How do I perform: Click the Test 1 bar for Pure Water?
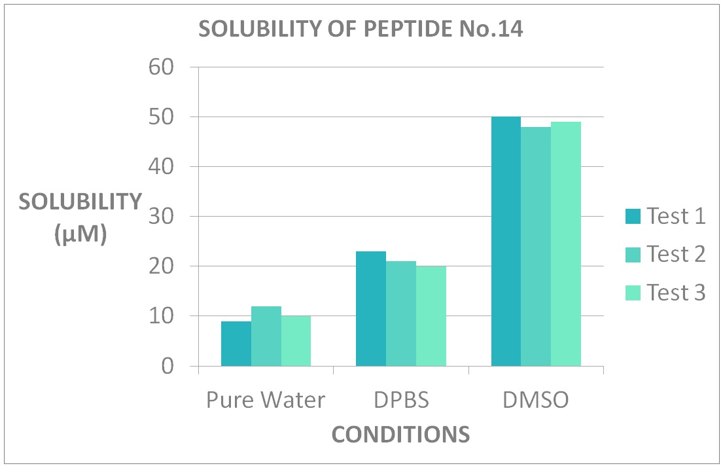[236, 344]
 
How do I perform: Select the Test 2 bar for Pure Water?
[266, 336]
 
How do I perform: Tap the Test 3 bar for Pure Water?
[296, 341]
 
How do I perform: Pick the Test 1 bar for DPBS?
[371, 309]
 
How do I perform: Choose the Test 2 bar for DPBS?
[401, 314]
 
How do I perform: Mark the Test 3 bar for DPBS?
[431, 316]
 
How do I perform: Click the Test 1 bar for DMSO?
[506, 242]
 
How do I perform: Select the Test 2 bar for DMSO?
[536, 247]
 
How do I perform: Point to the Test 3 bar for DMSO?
[566, 244]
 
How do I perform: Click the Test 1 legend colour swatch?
[633, 216]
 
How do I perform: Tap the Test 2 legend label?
[676, 254]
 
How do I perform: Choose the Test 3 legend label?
[676, 293]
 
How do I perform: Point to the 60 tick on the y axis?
[161, 67]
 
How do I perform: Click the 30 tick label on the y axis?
[161, 217]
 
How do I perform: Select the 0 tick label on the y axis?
[168, 367]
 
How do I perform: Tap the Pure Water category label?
[266, 400]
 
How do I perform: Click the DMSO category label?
[536, 400]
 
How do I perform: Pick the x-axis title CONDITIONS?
[400, 435]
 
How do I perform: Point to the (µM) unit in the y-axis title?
[80, 235]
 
